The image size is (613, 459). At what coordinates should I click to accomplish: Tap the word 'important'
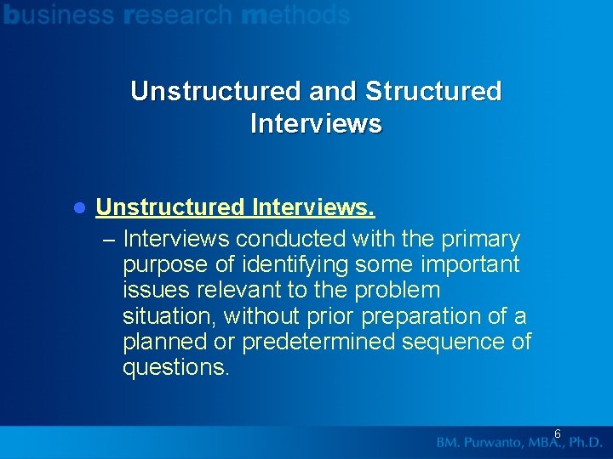(465, 265)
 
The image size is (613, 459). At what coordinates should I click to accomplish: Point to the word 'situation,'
(170, 316)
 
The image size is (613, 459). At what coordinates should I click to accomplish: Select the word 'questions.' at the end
(176, 368)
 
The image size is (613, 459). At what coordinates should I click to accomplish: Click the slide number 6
(558, 433)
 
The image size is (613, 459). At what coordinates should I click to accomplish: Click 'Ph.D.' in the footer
(585, 443)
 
